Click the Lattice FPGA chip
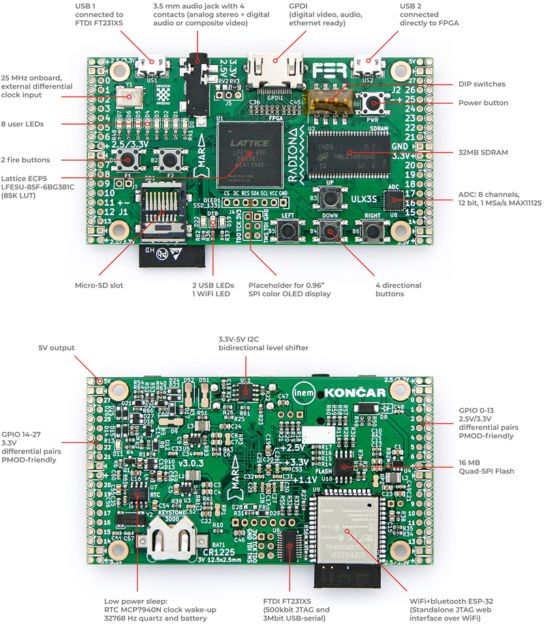click(x=251, y=153)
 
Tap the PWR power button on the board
click(x=373, y=104)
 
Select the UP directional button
click(x=331, y=199)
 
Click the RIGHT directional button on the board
click(x=372, y=232)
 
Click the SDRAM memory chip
click(x=348, y=153)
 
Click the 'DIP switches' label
click(x=482, y=84)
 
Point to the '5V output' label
click(x=57, y=348)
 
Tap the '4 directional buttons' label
click(x=399, y=290)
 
